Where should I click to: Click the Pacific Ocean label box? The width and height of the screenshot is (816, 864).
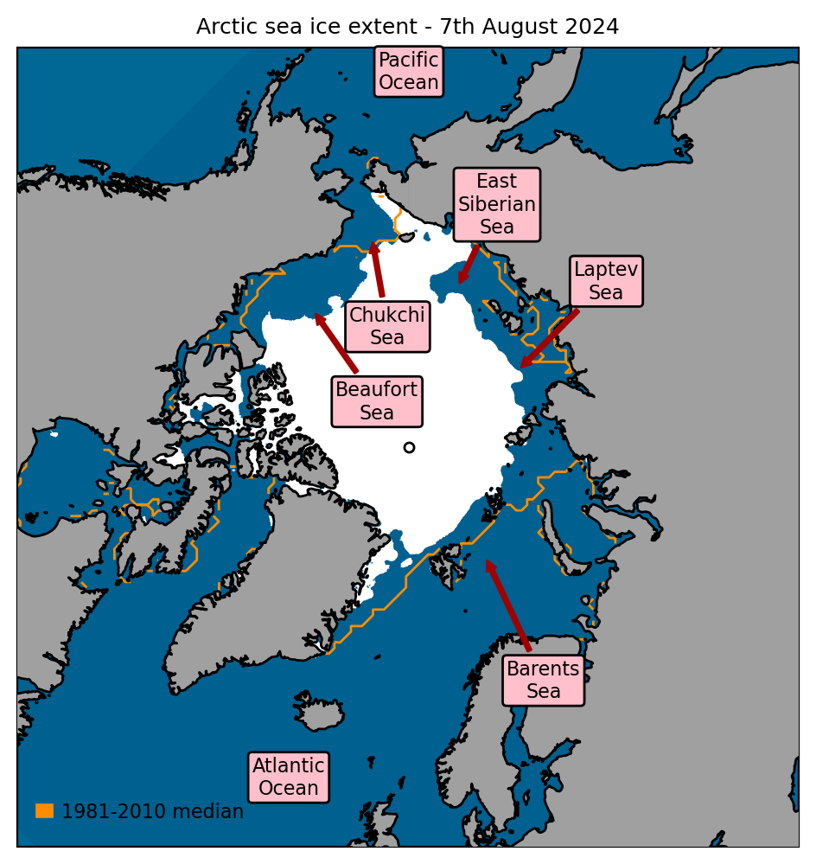tap(409, 72)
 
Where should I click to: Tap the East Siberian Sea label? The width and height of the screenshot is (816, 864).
tap(497, 205)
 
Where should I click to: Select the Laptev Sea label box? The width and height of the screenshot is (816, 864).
tap(606, 281)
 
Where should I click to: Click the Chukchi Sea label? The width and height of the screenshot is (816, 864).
tap(387, 326)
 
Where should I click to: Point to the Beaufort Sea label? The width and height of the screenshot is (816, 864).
tap(377, 401)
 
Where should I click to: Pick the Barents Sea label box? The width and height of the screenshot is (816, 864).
tap(544, 680)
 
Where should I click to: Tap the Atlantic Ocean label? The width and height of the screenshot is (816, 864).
tap(289, 777)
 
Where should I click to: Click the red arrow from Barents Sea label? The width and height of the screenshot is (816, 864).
tap(507, 605)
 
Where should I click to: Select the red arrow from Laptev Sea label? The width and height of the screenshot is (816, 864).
tap(550, 338)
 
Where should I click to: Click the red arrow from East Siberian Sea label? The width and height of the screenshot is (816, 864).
tap(469, 264)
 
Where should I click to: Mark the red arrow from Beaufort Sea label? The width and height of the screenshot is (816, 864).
tap(336, 343)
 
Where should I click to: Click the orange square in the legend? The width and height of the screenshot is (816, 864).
tap(44, 810)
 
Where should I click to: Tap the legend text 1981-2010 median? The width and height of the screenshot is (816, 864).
tap(153, 812)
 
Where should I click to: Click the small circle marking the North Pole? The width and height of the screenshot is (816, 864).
tap(409, 447)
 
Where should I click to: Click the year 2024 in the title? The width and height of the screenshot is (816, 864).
tap(592, 27)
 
